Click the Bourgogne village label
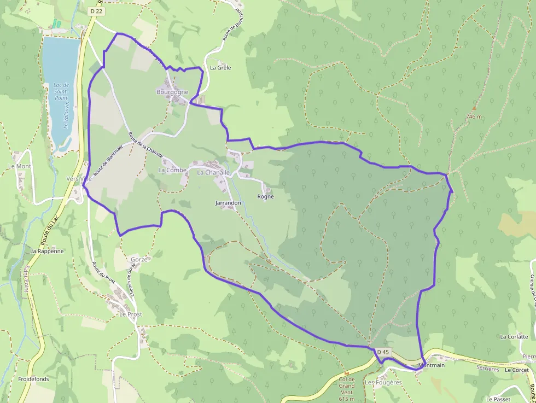[172, 92]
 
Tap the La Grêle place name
[220, 68]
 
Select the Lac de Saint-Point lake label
[61, 91]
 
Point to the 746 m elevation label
[474, 116]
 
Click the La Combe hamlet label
[172, 170]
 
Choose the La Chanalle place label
[213, 172]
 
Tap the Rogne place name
[265, 196]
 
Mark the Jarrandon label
[228, 203]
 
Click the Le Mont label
[20, 166]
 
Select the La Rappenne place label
[47, 251]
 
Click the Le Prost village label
[131, 314]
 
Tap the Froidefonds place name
[33, 378]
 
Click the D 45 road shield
[383, 352]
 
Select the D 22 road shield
[97, 11]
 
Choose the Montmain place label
[431, 365]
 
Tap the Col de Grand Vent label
[347, 385]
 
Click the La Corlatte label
[514, 337]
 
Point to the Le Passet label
[498, 399]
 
